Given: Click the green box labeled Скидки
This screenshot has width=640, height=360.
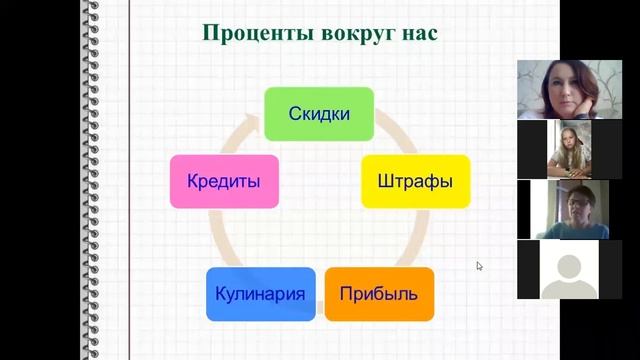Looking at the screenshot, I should [x=319, y=113].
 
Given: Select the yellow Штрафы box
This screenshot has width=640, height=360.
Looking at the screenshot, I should [x=415, y=182].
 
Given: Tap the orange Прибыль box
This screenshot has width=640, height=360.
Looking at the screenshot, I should [x=379, y=294].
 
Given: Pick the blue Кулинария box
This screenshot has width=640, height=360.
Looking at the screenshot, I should [x=260, y=294].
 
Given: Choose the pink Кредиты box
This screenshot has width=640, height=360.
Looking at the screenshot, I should [x=224, y=182].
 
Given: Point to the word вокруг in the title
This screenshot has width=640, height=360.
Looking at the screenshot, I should [x=356, y=32].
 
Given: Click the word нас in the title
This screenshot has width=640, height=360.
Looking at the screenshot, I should [x=421, y=32].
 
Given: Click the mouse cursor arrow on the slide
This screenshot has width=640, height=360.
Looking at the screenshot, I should [x=479, y=265].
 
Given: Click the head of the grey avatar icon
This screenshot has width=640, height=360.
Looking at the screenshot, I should [x=568, y=264].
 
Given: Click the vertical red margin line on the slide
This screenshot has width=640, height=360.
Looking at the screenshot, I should [x=128, y=200].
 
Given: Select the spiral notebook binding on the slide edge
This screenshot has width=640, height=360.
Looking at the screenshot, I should [x=93, y=180].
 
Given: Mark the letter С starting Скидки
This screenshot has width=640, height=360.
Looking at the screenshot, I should [x=295, y=114].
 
